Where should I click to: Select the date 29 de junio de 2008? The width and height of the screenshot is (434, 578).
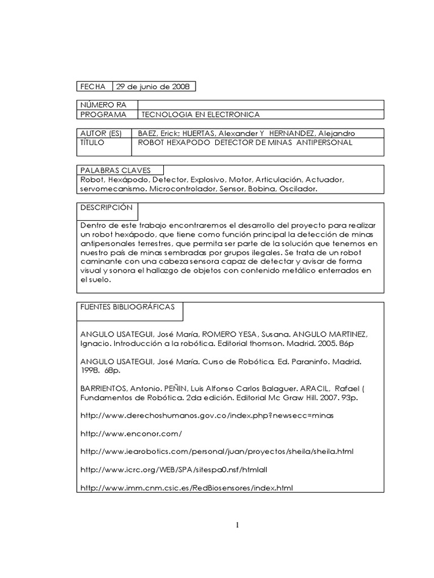pos(153,86)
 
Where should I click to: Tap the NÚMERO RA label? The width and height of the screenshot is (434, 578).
pos(100,105)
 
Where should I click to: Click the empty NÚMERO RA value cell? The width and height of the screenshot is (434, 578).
pos(260,105)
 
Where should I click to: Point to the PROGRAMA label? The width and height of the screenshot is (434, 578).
pos(102,115)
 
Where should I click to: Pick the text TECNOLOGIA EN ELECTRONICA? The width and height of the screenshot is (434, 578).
pos(200,115)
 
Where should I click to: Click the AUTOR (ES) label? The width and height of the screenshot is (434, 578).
pos(101,133)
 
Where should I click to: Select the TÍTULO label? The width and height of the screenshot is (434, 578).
pos(91,143)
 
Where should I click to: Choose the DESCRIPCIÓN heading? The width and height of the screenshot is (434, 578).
pos(106,208)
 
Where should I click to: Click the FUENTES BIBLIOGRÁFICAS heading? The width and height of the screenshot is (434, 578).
pos(127,307)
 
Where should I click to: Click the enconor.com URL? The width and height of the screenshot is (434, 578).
pos(132,433)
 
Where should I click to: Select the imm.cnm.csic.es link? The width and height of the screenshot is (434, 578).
pos(186,487)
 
